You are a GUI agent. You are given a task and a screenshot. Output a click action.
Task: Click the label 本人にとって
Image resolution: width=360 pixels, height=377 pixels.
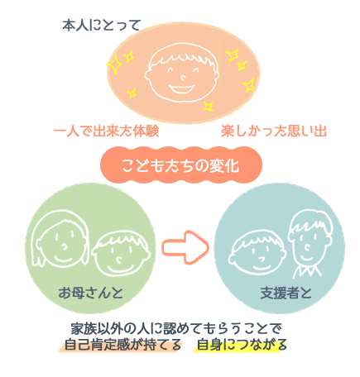pyautogui.click(x=102, y=26)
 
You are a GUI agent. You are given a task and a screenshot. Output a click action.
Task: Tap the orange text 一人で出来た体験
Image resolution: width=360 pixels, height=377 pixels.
pyautogui.click(x=106, y=131)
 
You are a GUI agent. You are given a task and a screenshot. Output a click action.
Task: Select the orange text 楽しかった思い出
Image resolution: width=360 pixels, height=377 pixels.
pyautogui.click(x=274, y=131)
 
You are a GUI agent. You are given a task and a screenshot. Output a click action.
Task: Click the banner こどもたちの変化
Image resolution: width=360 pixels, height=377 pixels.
pyautogui.click(x=180, y=165)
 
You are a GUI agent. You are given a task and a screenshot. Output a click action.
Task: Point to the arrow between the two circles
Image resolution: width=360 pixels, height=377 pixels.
pyautogui.click(x=185, y=247)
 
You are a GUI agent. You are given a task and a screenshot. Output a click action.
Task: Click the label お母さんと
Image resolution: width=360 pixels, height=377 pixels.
pyautogui.click(x=90, y=293)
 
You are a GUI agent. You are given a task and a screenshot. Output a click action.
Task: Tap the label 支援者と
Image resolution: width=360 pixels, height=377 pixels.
pyautogui.click(x=286, y=293)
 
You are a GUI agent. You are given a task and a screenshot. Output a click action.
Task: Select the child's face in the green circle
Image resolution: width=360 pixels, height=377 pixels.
pyautogui.click(x=121, y=253)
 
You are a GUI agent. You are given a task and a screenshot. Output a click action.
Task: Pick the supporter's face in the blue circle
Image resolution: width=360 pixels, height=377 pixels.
pyautogui.click(x=310, y=237)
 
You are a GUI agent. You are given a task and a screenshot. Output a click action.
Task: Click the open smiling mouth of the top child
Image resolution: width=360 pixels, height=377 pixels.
pyautogui.click(x=181, y=89)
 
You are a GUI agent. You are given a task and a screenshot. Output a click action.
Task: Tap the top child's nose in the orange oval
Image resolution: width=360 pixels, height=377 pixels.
pyautogui.click(x=183, y=79)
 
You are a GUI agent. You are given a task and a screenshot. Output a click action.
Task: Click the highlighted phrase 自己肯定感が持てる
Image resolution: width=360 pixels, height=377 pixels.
pyautogui.click(x=121, y=345)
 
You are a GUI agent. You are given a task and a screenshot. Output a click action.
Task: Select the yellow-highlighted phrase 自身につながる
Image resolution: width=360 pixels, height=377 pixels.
pyautogui.click(x=241, y=345)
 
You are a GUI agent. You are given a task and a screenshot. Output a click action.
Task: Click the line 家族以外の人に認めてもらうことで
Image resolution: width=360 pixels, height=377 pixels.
pyautogui.click(x=176, y=328)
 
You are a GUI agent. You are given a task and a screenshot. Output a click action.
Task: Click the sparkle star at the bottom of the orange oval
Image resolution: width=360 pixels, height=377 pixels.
pyautogui.click(x=209, y=106)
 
